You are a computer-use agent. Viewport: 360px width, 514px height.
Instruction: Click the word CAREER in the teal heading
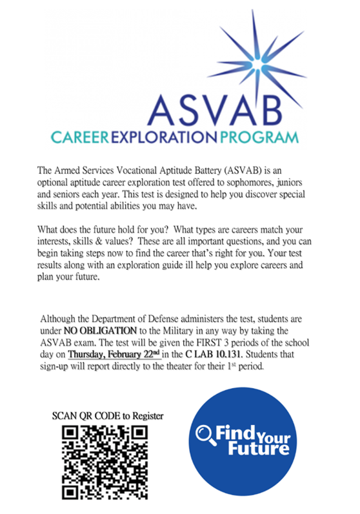[x=81, y=137]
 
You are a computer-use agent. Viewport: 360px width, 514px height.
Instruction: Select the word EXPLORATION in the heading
[x=165, y=137]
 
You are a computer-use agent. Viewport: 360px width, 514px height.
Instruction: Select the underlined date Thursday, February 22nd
[x=110, y=355]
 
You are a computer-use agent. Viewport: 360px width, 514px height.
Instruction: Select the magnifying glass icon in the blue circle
[x=206, y=433]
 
